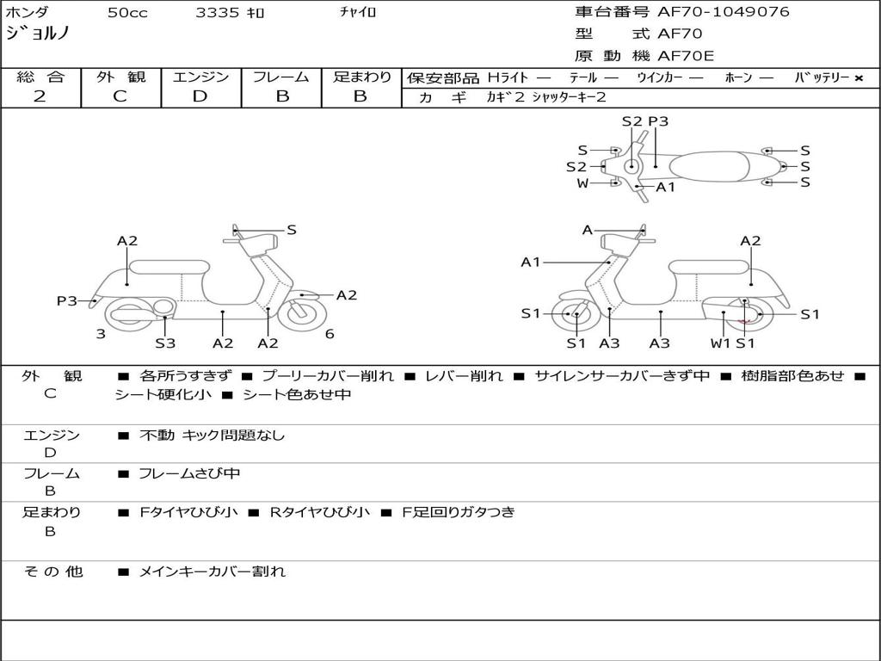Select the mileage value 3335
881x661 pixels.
coord(219,13)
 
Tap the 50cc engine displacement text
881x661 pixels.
coord(127,13)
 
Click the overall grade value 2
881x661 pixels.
coord(40,96)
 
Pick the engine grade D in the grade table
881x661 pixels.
coord(200,96)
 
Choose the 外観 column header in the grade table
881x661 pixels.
coord(120,77)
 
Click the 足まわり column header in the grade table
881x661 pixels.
coord(361,77)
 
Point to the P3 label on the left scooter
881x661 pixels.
coord(66,301)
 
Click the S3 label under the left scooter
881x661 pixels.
coord(165,343)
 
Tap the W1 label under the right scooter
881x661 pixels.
coord(720,343)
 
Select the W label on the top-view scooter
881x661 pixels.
coord(582,183)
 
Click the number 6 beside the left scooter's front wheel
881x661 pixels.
coord(330,334)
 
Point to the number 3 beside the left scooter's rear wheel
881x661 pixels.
coord(101,334)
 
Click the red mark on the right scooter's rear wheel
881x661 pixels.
coord(745,320)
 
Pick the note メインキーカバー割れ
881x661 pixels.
coord(212,571)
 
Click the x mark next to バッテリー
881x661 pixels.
coord(858,78)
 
